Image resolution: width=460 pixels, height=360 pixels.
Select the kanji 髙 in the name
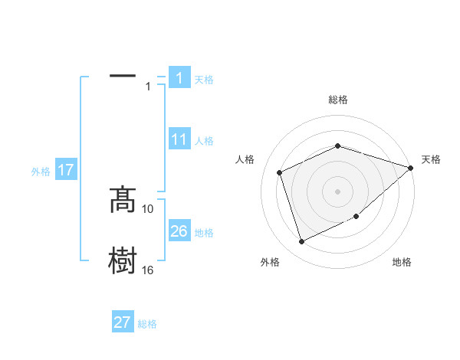click(122, 200)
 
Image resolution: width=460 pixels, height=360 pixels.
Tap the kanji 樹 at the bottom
click(122, 260)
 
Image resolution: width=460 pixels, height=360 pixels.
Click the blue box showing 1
click(179, 78)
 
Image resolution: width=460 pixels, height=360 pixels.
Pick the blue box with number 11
click(179, 140)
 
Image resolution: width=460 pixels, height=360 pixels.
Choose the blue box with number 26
click(179, 231)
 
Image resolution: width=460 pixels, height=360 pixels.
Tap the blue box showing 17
click(66, 170)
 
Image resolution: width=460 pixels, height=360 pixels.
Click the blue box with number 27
click(123, 322)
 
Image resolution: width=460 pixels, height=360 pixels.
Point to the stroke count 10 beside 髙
click(148, 208)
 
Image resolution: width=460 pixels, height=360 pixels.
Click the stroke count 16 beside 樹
click(148, 270)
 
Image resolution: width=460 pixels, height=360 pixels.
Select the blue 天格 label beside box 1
click(203, 79)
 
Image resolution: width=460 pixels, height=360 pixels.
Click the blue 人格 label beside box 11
click(204, 141)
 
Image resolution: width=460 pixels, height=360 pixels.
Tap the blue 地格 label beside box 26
click(204, 232)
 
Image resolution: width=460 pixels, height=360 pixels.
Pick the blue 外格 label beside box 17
click(41, 172)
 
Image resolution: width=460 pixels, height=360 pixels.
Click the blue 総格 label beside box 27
click(147, 323)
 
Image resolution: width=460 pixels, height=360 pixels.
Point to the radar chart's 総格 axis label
click(338, 100)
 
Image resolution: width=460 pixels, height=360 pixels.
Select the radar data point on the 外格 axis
click(301, 242)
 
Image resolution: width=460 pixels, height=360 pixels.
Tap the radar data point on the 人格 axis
click(280, 172)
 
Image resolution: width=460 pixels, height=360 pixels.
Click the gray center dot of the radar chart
click(338, 191)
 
